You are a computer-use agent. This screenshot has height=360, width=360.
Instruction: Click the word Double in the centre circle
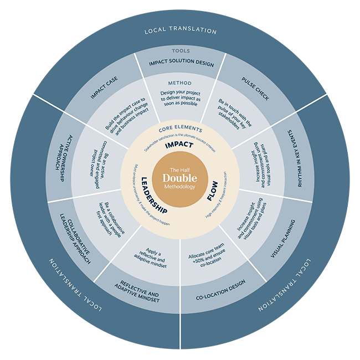tap(179, 178)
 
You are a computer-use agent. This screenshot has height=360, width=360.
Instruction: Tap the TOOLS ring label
tap(180, 51)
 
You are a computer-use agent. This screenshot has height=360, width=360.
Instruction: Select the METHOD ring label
tap(180, 83)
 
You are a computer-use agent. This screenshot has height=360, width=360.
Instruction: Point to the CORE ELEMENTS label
tap(180, 128)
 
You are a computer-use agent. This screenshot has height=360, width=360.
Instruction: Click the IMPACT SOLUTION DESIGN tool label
tap(181, 63)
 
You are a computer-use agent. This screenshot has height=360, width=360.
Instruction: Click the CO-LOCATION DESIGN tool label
tap(220, 284)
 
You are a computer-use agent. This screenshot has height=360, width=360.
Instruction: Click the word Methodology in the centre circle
tap(179, 188)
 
